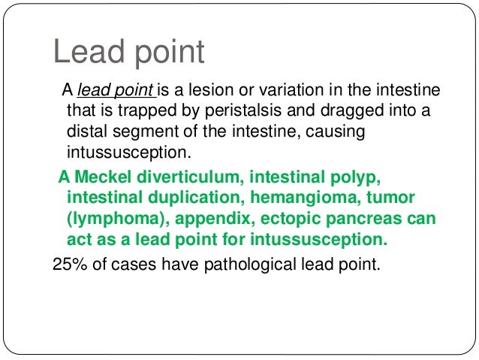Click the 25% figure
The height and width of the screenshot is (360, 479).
pos(69,264)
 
